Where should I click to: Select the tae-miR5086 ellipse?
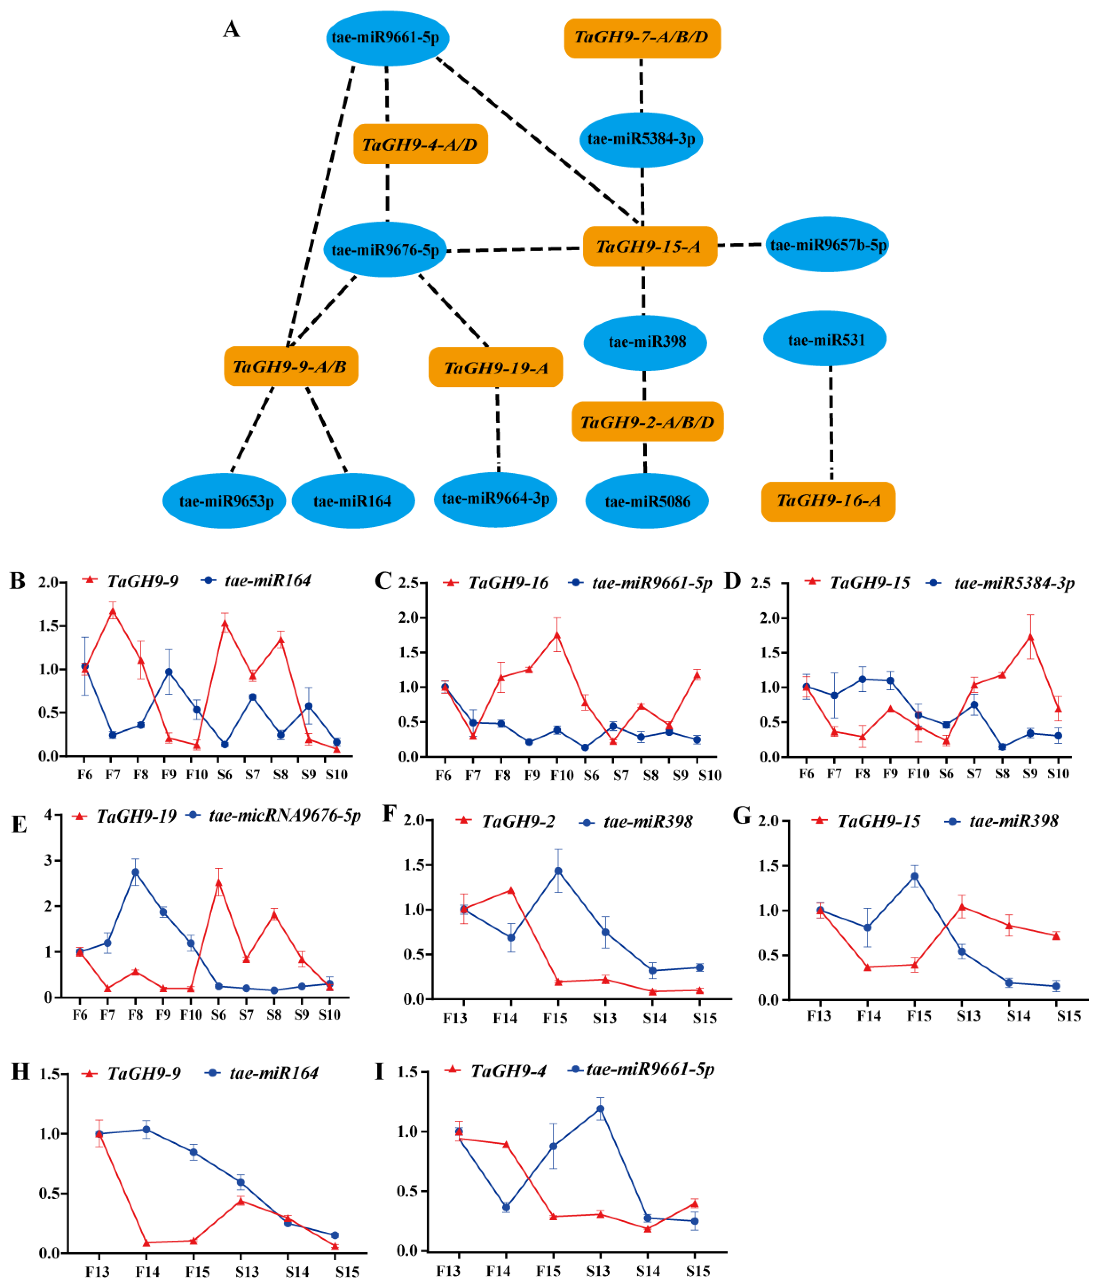[x=647, y=501]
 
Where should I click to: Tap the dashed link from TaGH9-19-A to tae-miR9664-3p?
[x=498, y=428]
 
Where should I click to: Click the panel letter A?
[x=231, y=29]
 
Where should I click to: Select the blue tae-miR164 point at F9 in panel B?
[x=169, y=672]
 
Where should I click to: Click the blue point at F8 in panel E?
[x=135, y=872]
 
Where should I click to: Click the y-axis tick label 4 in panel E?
[x=48, y=816]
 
